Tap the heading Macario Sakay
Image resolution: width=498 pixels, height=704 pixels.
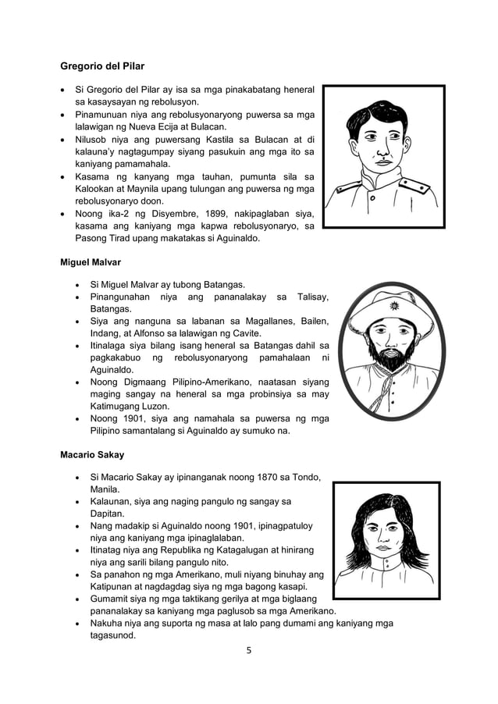click(x=92, y=453)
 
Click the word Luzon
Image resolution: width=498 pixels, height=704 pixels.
click(x=158, y=405)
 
